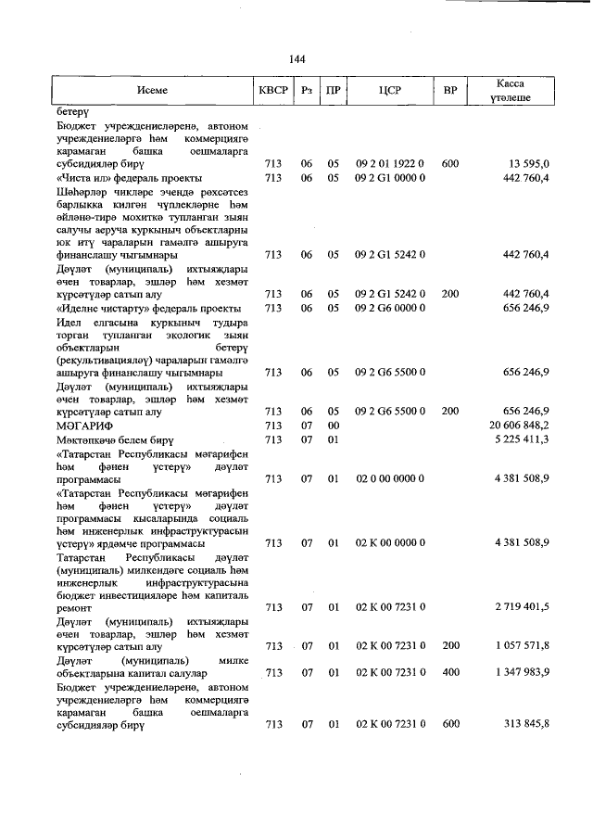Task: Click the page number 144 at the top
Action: tap(296, 59)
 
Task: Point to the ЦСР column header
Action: tap(389, 91)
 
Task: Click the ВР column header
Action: tap(450, 91)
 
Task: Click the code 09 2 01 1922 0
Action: tap(389, 163)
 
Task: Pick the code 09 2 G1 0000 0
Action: tap(389, 177)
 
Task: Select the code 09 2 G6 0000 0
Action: tap(389, 307)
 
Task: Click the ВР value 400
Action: tap(450, 672)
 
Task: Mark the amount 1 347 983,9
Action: tap(523, 672)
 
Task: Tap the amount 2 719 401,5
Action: tap(523, 606)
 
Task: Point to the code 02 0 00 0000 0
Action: tap(389, 478)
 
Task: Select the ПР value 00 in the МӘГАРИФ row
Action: tap(334, 424)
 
